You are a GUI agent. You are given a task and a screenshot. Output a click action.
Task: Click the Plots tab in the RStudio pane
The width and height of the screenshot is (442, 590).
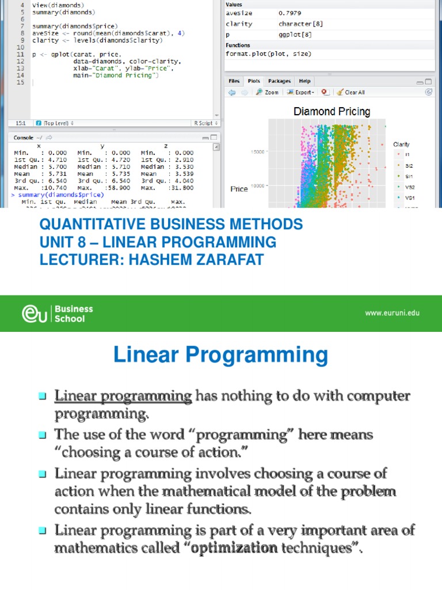click(x=253, y=81)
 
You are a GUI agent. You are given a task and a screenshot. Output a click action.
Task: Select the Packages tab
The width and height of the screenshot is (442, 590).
click(x=279, y=81)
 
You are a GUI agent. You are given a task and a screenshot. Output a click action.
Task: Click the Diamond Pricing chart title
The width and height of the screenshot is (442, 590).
click(x=332, y=112)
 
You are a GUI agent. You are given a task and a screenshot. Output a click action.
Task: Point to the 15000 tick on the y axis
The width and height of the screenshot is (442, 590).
click(x=257, y=152)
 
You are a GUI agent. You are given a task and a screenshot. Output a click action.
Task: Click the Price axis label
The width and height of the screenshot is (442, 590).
click(x=239, y=189)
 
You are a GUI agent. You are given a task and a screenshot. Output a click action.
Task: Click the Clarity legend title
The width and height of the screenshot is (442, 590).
click(x=401, y=144)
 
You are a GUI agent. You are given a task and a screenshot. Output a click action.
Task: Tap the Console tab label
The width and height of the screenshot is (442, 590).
click(x=23, y=138)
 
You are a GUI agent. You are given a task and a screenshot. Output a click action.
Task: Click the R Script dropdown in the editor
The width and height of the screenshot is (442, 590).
click(x=205, y=123)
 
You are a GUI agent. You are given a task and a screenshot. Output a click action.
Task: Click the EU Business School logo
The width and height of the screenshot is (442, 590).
click(x=58, y=313)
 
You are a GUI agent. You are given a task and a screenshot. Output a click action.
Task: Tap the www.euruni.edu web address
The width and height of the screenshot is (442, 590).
click(x=393, y=313)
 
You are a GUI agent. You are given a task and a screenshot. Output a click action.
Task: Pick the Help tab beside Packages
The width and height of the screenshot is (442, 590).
click(x=304, y=81)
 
